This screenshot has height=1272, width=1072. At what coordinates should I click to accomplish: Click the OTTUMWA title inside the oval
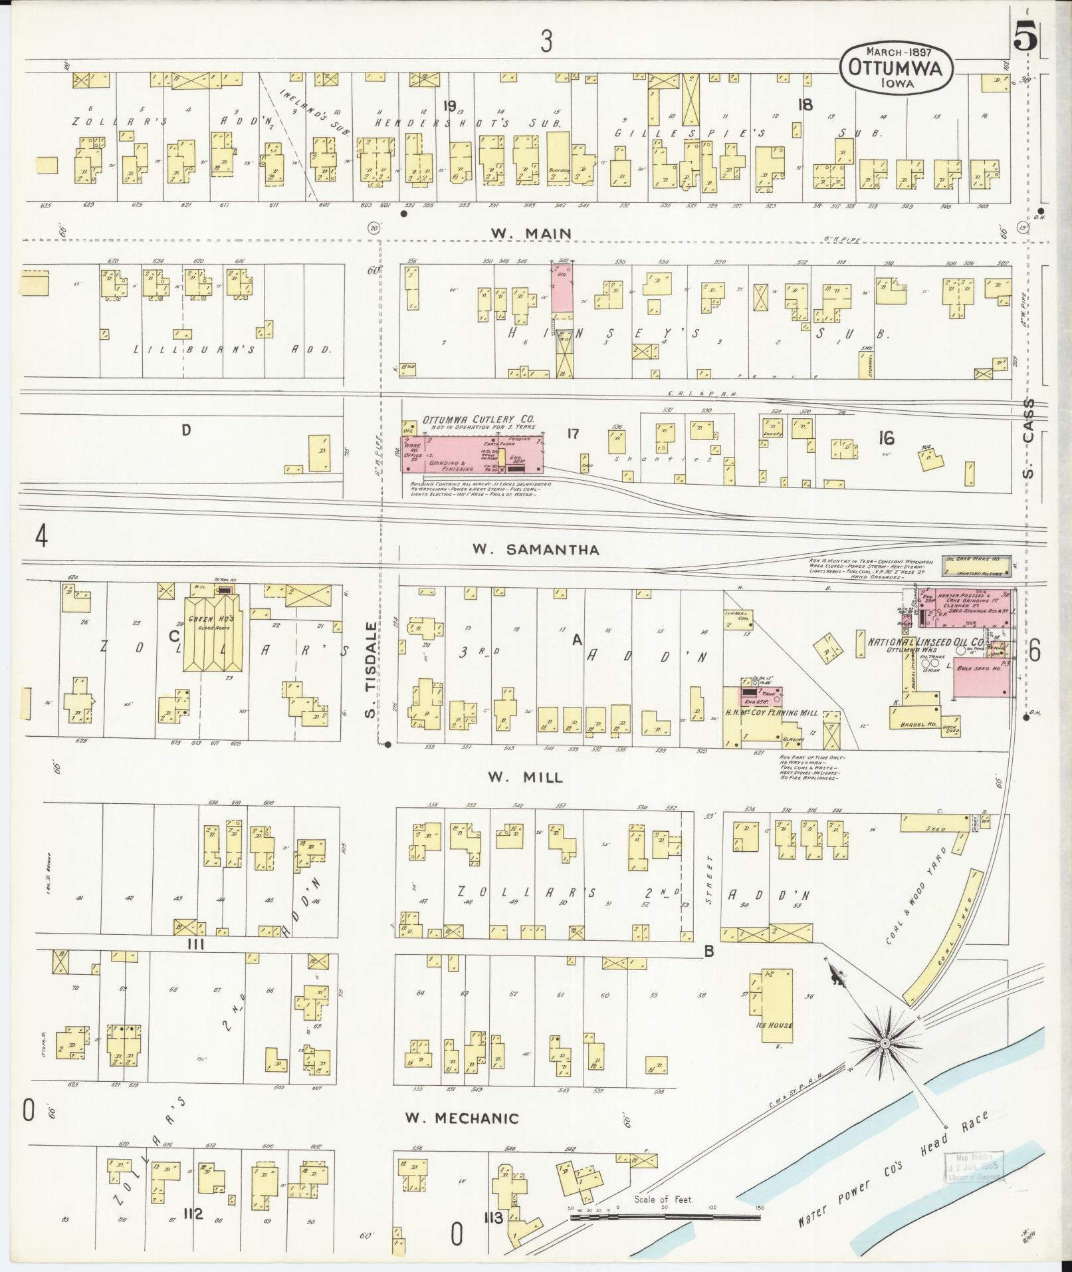[x=897, y=67]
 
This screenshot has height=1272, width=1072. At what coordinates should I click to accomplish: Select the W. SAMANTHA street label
[x=536, y=549]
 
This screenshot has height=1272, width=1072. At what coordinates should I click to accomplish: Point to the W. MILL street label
[x=525, y=777]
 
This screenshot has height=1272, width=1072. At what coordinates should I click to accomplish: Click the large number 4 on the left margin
[x=41, y=536]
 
